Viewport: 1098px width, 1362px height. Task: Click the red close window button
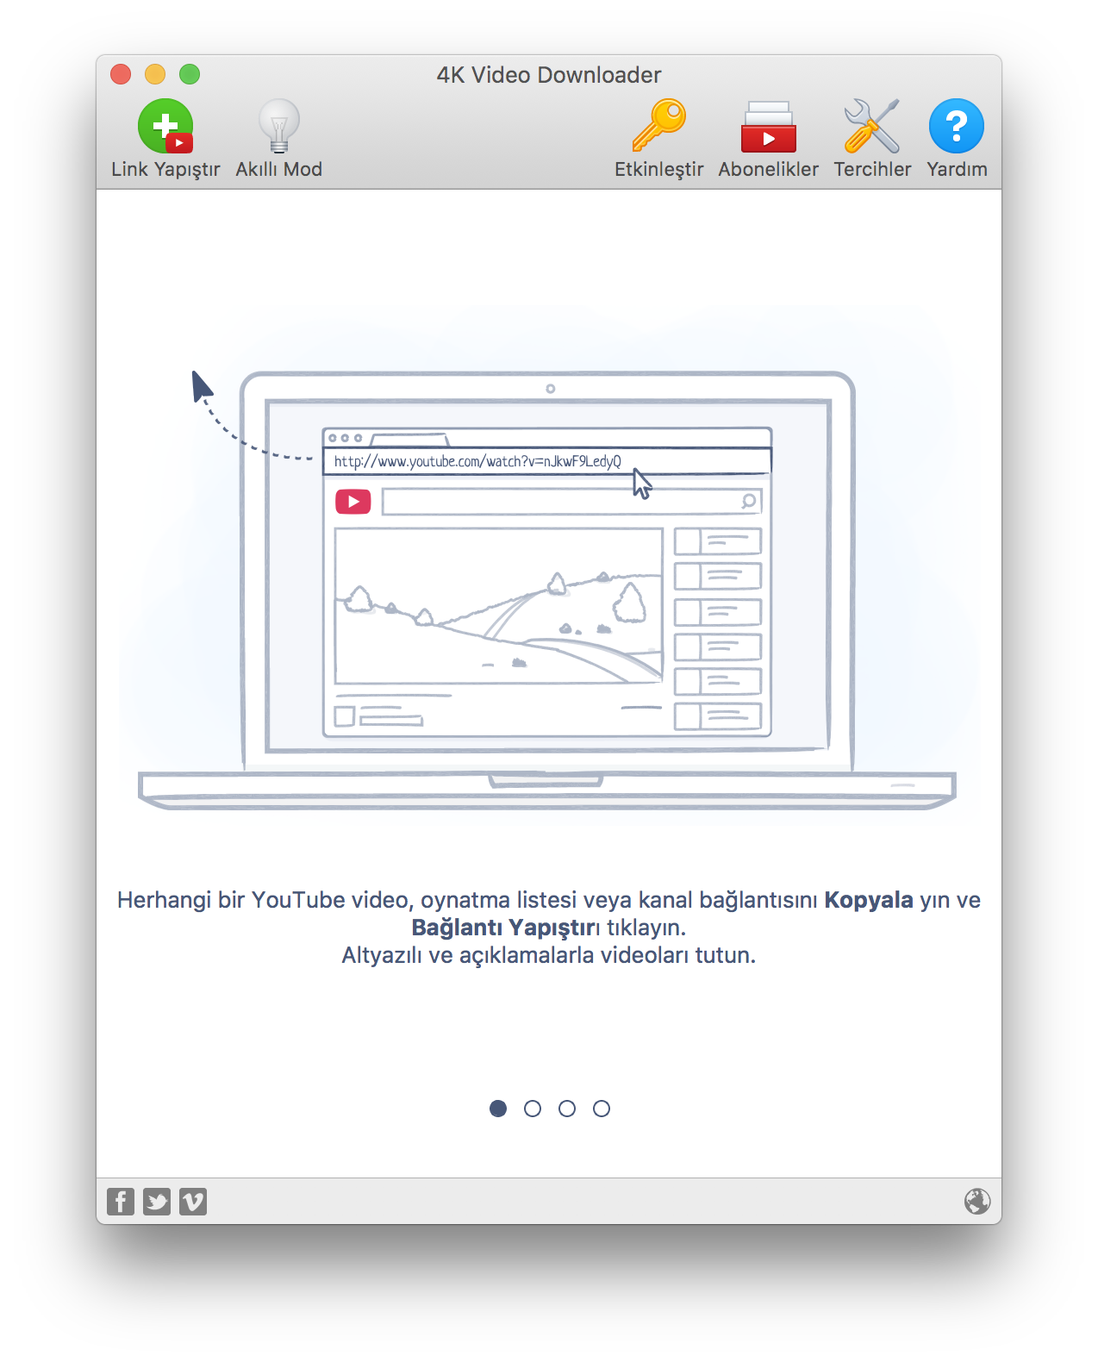pos(121,74)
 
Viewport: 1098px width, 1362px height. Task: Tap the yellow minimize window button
pos(155,74)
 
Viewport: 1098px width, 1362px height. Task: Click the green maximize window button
pos(190,74)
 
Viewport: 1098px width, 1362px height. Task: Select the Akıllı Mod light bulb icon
pos(278,126)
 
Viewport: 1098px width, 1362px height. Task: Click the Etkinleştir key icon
pos(658,125)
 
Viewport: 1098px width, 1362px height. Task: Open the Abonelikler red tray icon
pos(768,127)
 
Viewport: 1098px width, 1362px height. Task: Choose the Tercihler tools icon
pos(872,126)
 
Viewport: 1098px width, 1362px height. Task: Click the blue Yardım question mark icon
pos(957,126)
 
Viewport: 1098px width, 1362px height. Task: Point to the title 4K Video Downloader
pos(549,75)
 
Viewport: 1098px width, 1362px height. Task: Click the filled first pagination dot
pos(498,1109)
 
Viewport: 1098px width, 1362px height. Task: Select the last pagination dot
pos(602,1109)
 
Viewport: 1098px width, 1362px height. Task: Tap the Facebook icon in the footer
pos(121,1202)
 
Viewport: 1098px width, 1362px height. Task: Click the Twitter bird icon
pos(156,1202)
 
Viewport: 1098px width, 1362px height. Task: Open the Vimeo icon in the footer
pos(192,1202)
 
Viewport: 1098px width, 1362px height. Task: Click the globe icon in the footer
pos(977,1202)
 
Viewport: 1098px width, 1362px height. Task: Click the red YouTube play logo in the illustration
pos(353,502)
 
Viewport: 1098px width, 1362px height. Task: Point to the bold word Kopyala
pos(868,900)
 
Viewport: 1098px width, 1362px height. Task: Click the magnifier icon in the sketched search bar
pos(749,501)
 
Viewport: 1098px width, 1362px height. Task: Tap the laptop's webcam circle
pos(551,389)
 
